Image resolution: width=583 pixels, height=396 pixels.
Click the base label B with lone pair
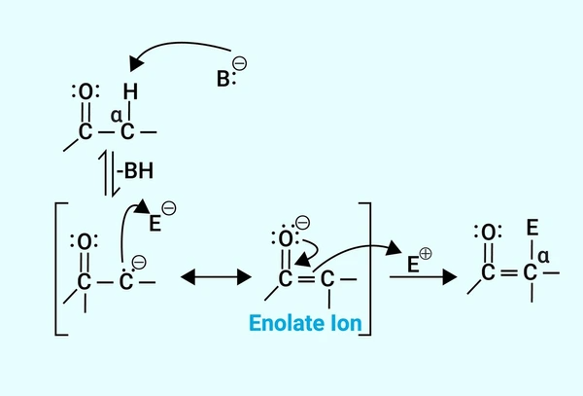pyautogui.click(x=226, y=79)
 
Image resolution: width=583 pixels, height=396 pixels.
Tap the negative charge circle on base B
pyautogui.click(x=240, y=63)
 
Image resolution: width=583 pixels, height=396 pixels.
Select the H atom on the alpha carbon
pyautogui.click(x=130, y=91)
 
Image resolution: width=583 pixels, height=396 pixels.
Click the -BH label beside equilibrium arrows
pyautogui.click(x=135, y=171)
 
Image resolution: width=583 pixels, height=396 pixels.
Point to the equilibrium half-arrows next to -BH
pyautogui.click(x=109, y=174)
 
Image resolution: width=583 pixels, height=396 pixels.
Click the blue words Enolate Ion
pyautogui.click(x=305, y=323)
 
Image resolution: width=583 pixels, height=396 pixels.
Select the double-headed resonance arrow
pyautogui.click(x=216, y=277)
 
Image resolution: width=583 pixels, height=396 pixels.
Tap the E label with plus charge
pyautogui.click(x=414, y=265)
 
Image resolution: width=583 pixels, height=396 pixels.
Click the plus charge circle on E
pyautogui.click(x=426, y=254)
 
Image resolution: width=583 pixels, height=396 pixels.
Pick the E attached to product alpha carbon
pyautogui.click(x=532, y=228)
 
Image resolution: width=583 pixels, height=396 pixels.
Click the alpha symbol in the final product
pyautogui.click(x=543, y=257)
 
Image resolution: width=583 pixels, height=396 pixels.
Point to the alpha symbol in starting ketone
pyautogui.click(x=117, y=116)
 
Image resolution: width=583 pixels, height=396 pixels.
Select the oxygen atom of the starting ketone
pyautogui.click(x=86, y=91)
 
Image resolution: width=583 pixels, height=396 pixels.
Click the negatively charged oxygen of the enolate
pyautogui.click(x=285, y=238)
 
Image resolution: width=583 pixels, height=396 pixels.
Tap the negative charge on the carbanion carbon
pyautogui.click(x=139, y=262)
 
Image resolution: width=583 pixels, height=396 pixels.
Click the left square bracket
pyautogui.click(x=61, y=270)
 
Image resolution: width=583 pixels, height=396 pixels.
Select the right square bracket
pyautogui.click(x=365, y=270)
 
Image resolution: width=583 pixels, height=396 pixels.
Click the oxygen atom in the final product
pyautogui.click(x=488, y=233)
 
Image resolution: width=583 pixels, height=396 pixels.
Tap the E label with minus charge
pyautogui.click(x=155, y=224)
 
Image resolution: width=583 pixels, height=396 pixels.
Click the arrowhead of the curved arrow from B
pyautogui.click(x=136, y=63)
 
